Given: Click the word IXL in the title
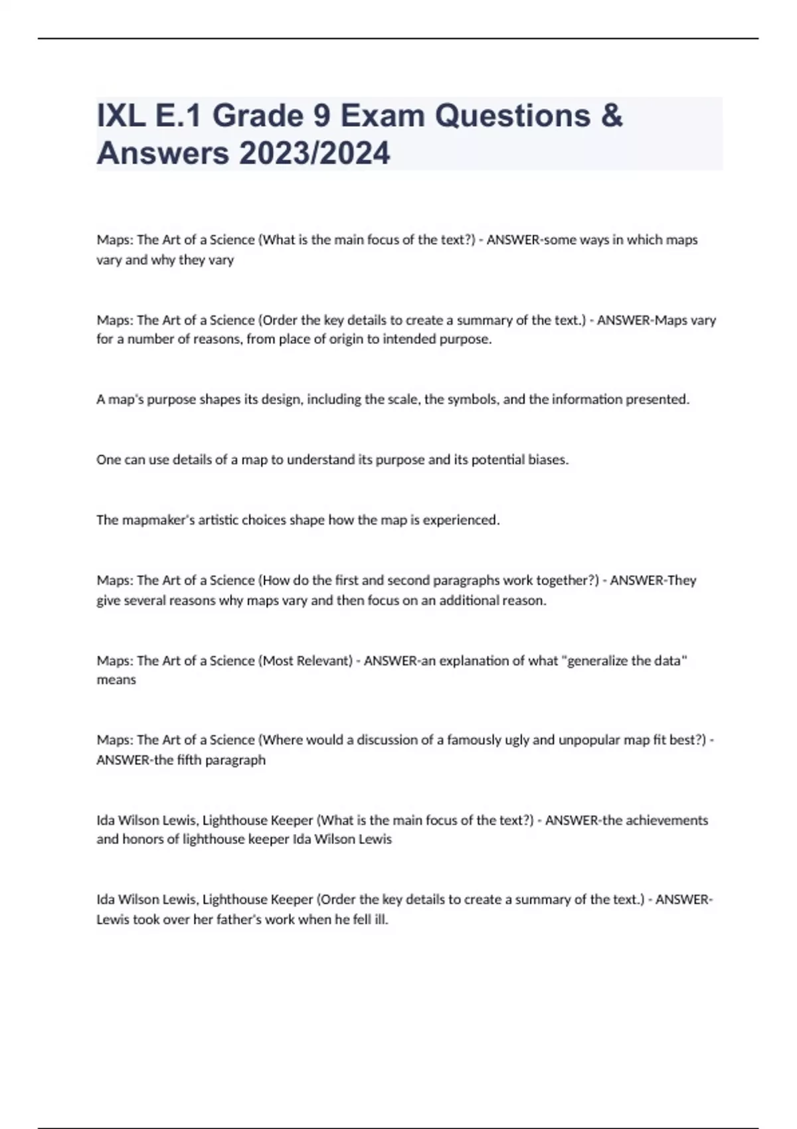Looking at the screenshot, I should [x=121, y=116].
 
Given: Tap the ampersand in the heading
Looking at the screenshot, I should [x=611, y=116].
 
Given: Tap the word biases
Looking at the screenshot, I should [x=547, y=460].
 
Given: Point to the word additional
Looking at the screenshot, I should [x=469, y=600].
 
